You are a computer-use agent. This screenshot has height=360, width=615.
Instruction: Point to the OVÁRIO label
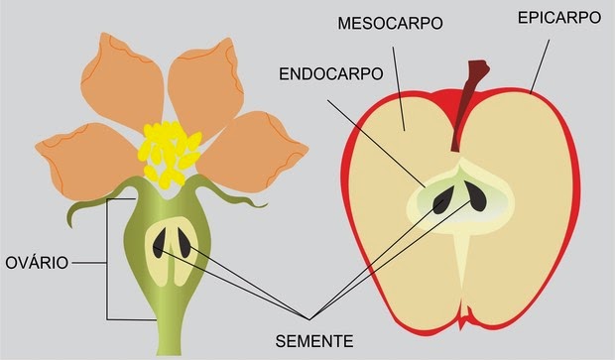click(37, 264)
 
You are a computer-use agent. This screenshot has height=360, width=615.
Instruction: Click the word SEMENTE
click(313, 340)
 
